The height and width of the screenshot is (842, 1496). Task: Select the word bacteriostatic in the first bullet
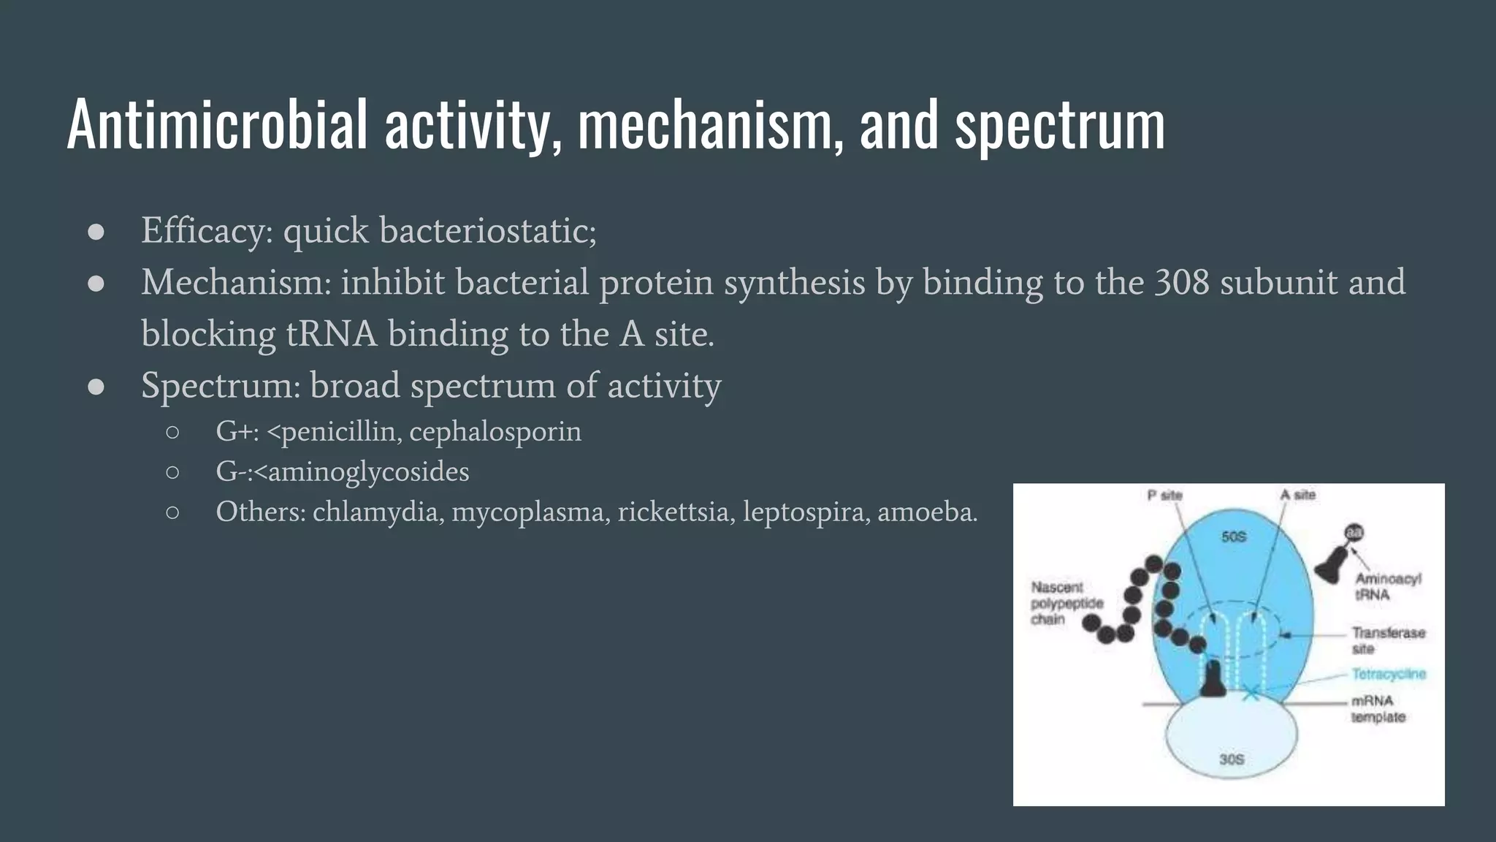[487, 231]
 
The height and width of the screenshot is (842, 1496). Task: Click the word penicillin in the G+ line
[339, 432]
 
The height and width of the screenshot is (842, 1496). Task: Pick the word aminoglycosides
[368, 471]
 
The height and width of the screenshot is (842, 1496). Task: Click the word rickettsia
[675, 512]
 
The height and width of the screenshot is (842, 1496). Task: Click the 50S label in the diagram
[1234, 536]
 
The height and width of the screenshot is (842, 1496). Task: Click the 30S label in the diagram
[1232, 759]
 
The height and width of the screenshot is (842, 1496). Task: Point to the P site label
[1164, 496]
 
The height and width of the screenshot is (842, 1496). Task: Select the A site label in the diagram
[1297, 495]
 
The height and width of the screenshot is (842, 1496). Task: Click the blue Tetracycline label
[1389, 674]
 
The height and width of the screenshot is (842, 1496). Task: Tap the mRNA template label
[1378, 709]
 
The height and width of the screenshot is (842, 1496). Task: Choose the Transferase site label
[1388, 640]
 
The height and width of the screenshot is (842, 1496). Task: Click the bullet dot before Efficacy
[96, 232]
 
